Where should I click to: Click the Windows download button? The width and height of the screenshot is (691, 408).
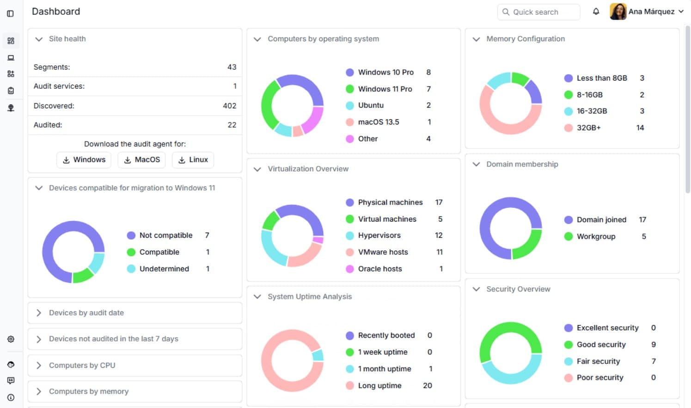point(84,160)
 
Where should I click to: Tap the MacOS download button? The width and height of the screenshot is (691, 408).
point(141,160)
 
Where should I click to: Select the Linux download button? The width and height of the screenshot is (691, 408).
point(193,160)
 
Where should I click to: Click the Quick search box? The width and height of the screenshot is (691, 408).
point(538,12)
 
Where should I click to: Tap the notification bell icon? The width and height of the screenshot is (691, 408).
point(596,12)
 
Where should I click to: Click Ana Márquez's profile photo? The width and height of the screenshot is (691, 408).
point(618,12)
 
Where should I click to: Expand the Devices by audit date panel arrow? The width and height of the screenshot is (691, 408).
point(38,313)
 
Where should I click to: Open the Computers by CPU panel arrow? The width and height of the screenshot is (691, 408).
point(38,365)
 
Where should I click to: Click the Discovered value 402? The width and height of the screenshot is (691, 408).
point(230,106)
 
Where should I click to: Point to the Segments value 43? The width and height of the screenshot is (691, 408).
point(232,67)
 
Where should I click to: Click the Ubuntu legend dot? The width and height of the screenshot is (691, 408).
point(349,105)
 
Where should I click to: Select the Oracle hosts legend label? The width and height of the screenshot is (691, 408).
point(380,269)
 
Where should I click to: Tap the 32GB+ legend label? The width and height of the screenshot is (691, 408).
point(588,128)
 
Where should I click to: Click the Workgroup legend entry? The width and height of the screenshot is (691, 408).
point(596,236)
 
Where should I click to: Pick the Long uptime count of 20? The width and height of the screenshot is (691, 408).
point(427,385)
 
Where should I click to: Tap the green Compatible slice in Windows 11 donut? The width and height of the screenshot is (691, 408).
point(83,275)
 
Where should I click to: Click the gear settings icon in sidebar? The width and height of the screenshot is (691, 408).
point(11,339)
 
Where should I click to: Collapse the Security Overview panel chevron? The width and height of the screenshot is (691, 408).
point(476,289)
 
